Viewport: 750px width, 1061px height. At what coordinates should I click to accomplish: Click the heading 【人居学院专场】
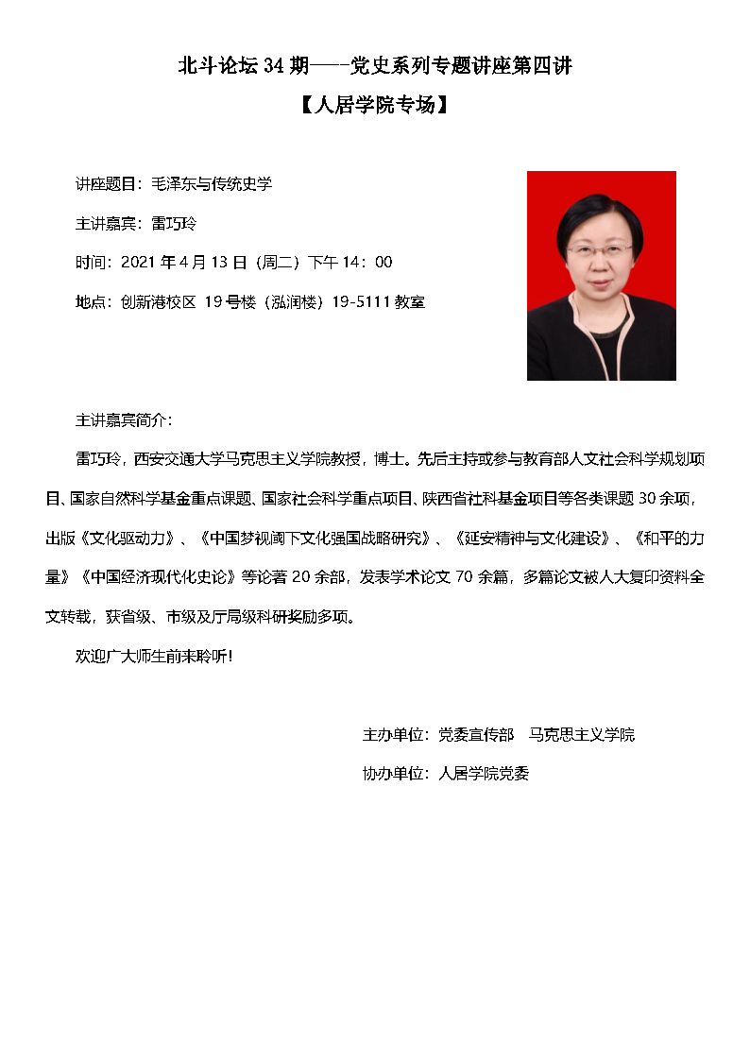[374, 105]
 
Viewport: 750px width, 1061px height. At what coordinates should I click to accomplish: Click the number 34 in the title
[273, 66]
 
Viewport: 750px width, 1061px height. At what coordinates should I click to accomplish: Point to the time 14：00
[372, 262]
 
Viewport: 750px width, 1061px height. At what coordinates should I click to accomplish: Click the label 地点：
[94, 301]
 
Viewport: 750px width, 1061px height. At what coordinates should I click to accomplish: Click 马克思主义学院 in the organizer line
[582, 734]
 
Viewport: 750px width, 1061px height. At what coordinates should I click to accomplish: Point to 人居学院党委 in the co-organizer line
[484, 773]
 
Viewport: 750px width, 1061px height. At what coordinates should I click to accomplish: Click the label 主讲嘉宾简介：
[123, 419]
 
